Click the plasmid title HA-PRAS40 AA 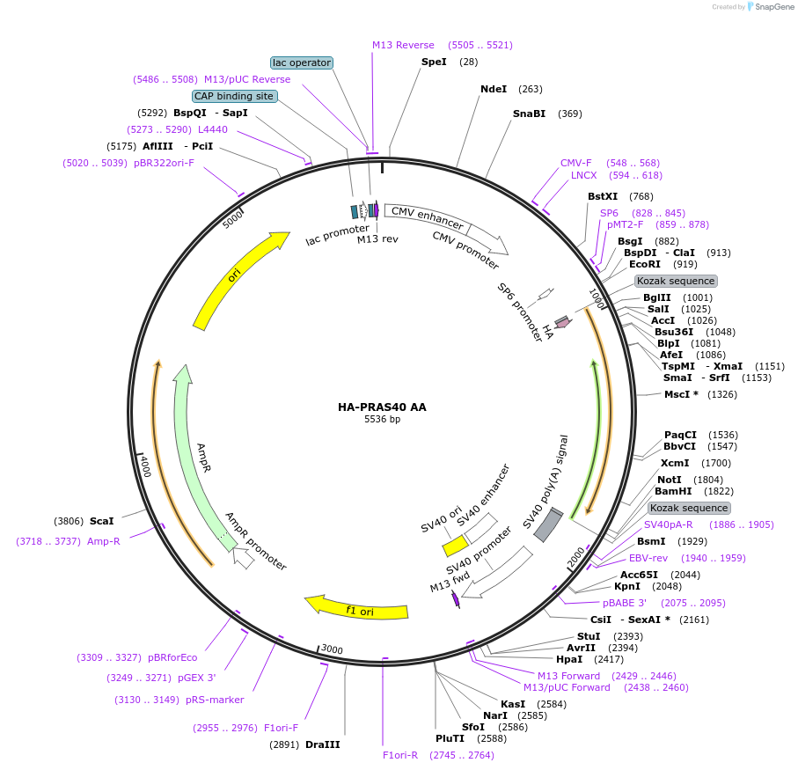(382, 407)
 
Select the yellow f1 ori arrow (356, 608)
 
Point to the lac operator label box (302, 62)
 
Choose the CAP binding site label (234, 96)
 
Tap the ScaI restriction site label (101, 521)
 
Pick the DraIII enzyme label (322, 744)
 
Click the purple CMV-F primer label (575, 163)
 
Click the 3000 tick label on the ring (332, 649)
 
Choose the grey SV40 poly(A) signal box (549, 525)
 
